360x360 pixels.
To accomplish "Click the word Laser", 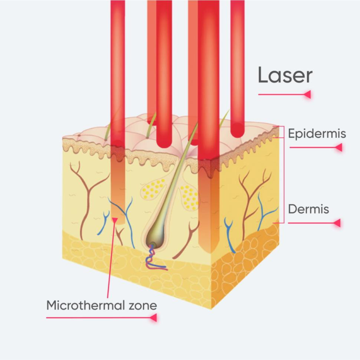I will [x=285, y=76].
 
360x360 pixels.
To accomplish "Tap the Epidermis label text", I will [x=317, y=134].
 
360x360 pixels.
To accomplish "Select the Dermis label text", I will [x=308, y=209].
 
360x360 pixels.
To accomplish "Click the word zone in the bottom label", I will [x=142, y=305].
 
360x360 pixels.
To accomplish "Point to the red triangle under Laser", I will [x=307, y=94].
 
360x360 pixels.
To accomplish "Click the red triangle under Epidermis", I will [x=338, y=147].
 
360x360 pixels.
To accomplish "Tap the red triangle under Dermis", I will [x=337, y=223].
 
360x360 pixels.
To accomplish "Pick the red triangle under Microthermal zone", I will [x=153, y=318].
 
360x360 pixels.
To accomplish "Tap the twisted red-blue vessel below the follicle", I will [x=154, y=258].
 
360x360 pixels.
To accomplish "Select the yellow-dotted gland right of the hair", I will [x=189, y=197].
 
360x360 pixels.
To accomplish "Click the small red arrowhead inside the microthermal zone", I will [x=115, y=219].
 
